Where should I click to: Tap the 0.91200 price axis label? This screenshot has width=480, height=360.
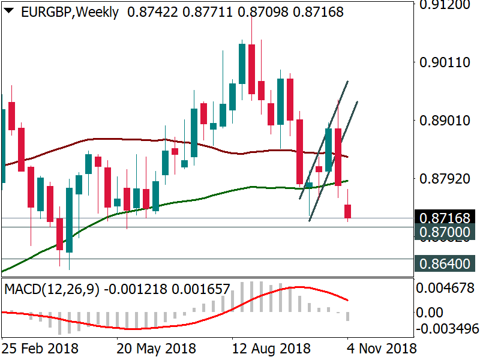[x=446, y=5]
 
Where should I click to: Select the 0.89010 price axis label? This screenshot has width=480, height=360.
[x=446, y=120]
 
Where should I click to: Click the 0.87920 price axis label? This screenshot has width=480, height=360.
[x=446, y=178]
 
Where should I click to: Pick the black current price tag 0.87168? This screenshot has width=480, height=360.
[x=446, y=218]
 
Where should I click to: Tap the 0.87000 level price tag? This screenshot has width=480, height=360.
[x=446, y=232]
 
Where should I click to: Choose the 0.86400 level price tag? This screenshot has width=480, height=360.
[x=446, y=263]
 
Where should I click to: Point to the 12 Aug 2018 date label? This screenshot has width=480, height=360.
[x=271, y=348]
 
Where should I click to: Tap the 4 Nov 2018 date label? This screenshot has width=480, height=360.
[x=382, y=348]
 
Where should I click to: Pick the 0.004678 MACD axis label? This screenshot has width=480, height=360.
[x=446, y=288]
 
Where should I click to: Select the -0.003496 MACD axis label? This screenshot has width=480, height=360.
[x=446, y=329]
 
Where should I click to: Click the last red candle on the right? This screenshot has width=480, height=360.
[x=348, y=211]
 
